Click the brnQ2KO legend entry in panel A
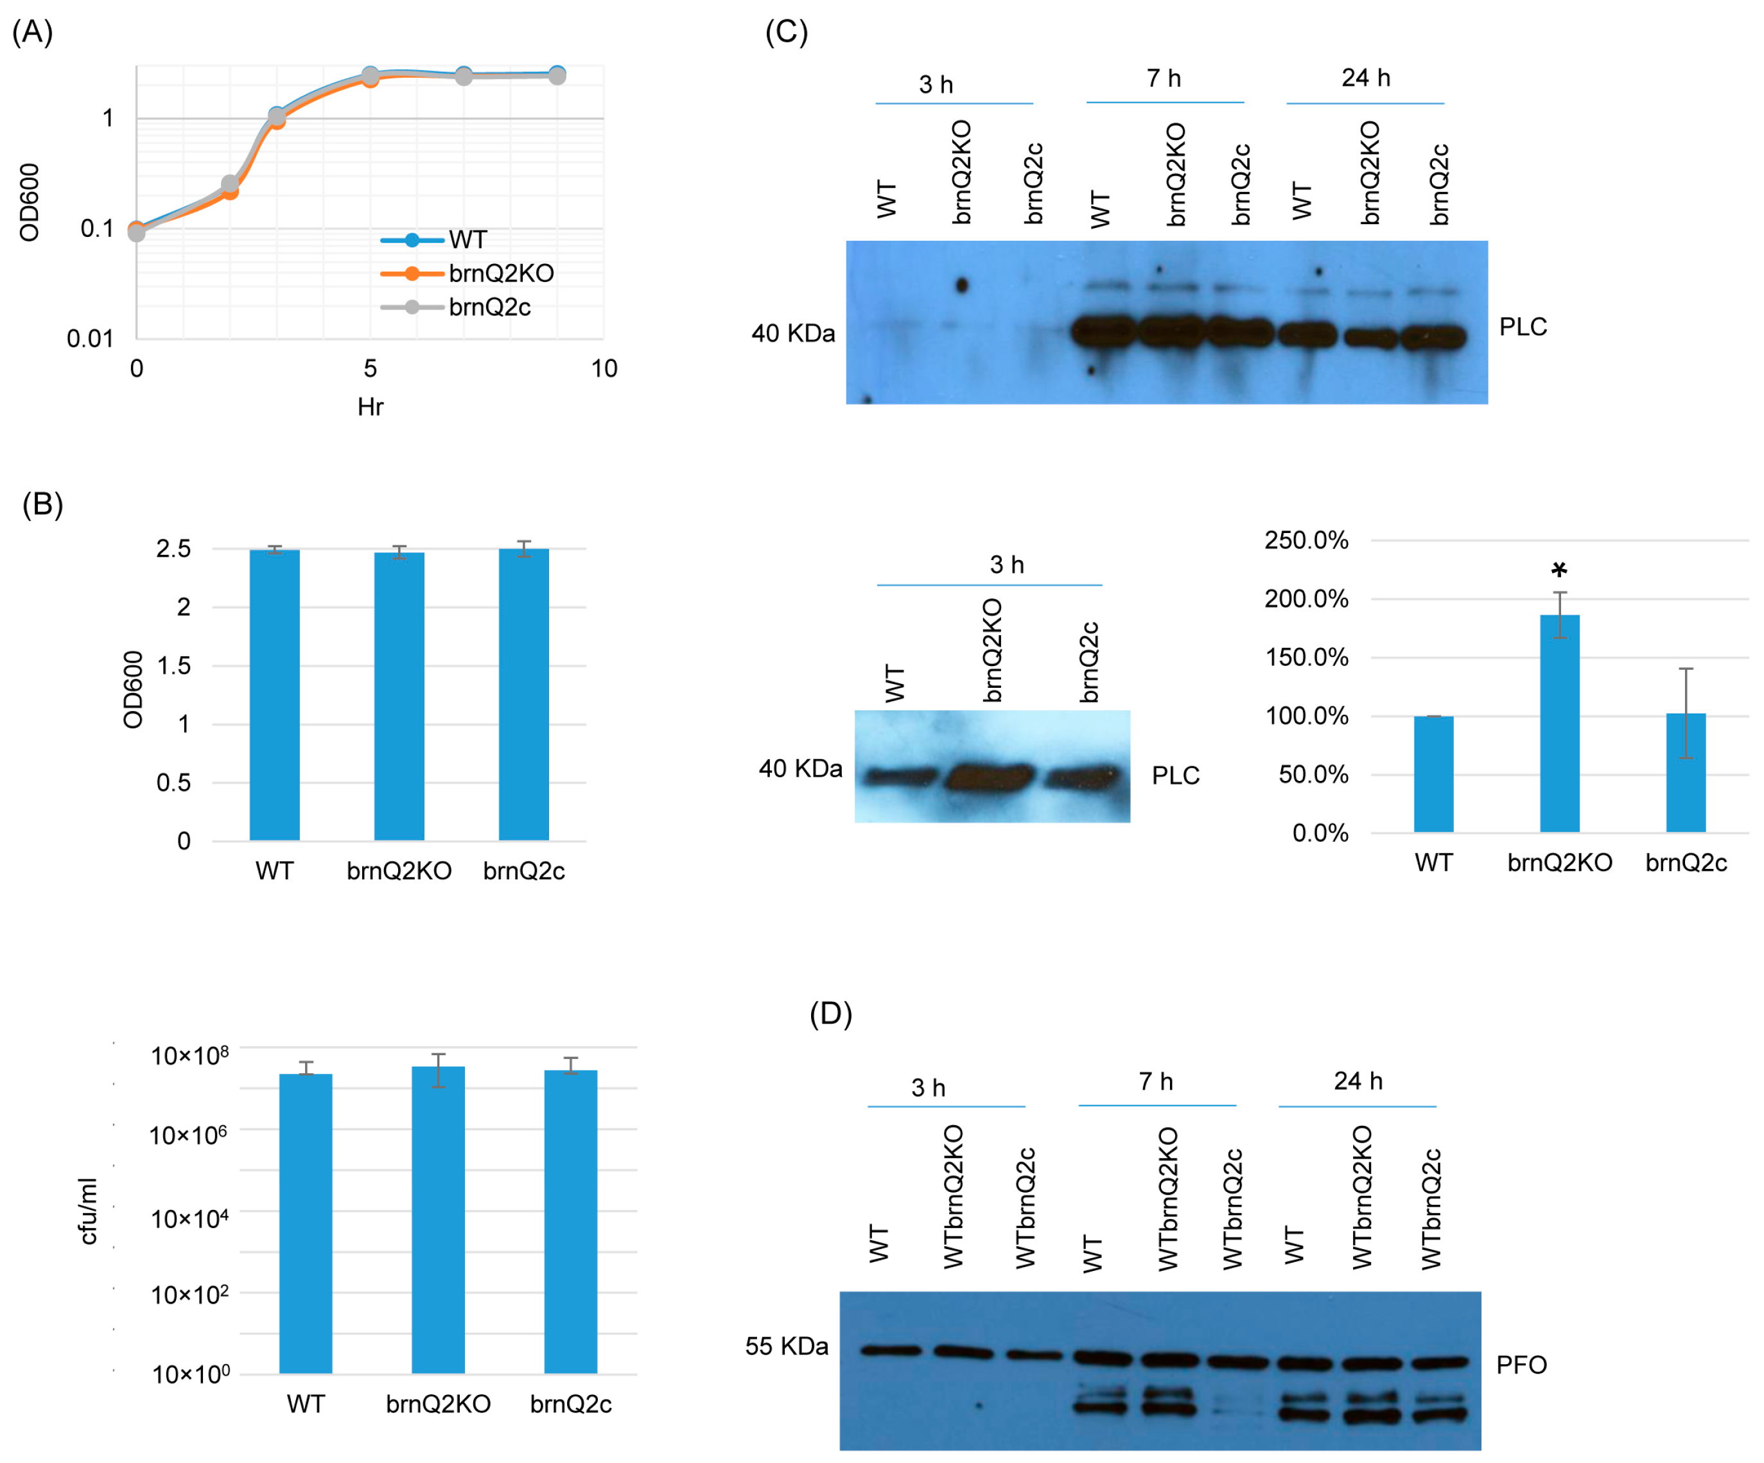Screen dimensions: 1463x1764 click(x=501, y=273)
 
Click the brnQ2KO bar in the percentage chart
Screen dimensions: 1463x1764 click(x=1559, y=723)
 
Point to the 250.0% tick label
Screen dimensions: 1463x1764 click(x=1306, y=540)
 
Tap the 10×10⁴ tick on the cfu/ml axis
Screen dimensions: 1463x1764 click(x=189, y=1218)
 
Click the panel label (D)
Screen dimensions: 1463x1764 click(x=830, y=1013)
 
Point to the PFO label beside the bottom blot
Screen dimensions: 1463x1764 click(x=1521, y=1365)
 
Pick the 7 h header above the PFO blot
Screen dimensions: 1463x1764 click(x=1156, y=1082)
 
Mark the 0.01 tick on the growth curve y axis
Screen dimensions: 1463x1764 click(x=90, y=338)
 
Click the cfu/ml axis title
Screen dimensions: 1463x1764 click(x=87, y=1211)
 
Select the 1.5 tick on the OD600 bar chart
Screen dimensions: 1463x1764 click(x=174, y=665)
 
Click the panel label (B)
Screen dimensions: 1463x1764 click(x=42, y=504)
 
